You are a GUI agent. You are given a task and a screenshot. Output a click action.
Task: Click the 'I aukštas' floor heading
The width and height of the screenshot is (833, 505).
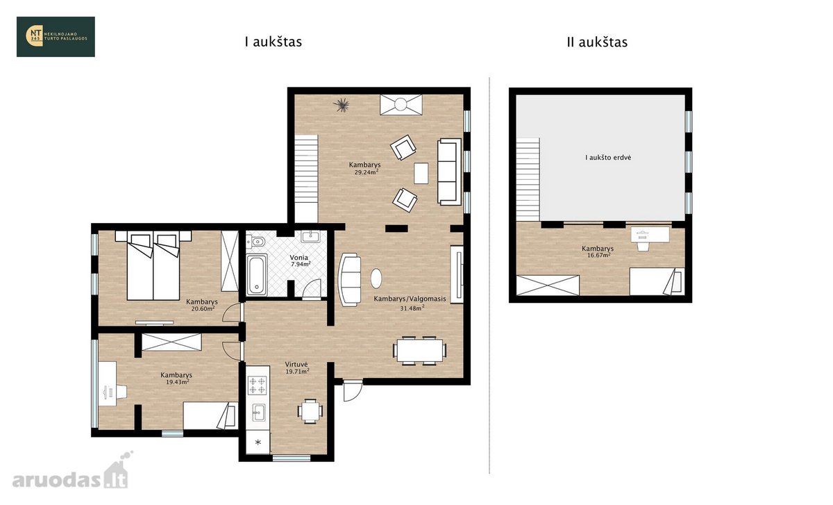[274, 42]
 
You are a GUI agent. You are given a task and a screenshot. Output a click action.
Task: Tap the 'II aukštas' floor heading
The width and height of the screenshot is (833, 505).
[597, 42]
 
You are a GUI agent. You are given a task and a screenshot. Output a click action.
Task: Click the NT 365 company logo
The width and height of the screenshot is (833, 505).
[56, 37]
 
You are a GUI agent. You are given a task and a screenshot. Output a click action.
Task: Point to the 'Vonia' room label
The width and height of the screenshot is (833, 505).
[299, 257]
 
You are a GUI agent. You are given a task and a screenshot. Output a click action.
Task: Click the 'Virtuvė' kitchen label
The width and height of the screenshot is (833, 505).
[296, 364]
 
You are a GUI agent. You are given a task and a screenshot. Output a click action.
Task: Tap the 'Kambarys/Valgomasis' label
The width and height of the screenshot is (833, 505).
[410, 299]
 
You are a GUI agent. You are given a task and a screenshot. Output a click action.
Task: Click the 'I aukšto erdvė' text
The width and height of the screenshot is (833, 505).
[608, 158]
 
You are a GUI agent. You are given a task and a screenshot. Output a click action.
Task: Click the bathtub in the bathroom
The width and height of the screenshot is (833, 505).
[257, 275]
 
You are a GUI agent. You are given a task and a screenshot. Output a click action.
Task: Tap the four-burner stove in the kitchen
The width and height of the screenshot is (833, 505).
[258, 385]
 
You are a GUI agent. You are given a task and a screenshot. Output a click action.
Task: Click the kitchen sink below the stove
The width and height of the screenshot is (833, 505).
[258, 413]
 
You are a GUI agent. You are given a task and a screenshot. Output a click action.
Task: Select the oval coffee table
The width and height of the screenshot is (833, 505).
[376, 278]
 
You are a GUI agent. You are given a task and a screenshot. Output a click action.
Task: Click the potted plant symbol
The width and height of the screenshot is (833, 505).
[342, 105]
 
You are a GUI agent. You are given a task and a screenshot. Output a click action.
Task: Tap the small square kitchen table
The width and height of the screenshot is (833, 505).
[310, 411]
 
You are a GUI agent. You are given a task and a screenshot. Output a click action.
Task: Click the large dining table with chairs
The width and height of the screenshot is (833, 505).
[420, 351]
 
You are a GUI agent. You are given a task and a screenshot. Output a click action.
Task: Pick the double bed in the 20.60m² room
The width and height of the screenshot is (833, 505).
[153, 265]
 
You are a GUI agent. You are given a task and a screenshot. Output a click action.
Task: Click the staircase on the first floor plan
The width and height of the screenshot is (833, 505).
[306, 179]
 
